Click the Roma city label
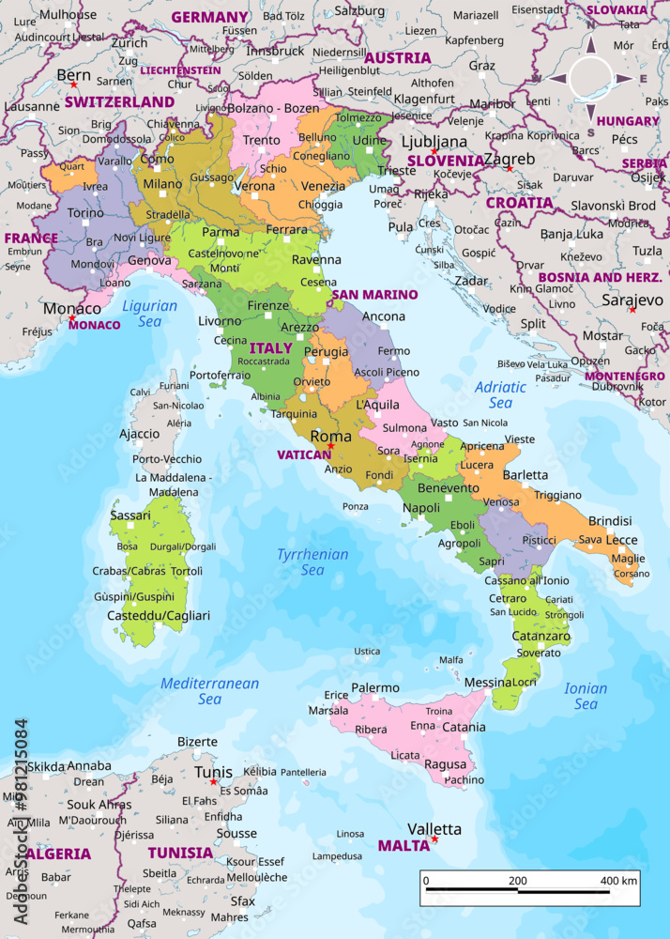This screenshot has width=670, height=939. coord(330,437)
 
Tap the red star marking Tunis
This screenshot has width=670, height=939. coord(214,782)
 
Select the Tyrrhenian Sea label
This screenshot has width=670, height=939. coord(312,562)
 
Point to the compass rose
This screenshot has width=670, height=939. coord(590,78)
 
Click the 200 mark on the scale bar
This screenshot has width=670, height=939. coord(517,881)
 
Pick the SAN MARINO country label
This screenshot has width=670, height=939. coord(374,295)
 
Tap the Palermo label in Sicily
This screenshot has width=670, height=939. coord(375,687)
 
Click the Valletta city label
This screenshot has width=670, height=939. coord(434,829)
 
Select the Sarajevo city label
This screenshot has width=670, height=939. coord(632,300)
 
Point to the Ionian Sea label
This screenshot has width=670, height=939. coord(586,696)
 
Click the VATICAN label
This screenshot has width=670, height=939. coord(304,454)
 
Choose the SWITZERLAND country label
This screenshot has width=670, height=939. coord(119,101)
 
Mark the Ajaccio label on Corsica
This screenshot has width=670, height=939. coord(139,434)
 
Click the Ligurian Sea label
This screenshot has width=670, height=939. coord(149,314)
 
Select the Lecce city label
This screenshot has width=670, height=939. coord(621,540)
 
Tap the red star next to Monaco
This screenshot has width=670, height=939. coord(71,319)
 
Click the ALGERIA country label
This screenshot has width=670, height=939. coord(58,854)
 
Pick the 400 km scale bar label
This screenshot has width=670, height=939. coord(618,881)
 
